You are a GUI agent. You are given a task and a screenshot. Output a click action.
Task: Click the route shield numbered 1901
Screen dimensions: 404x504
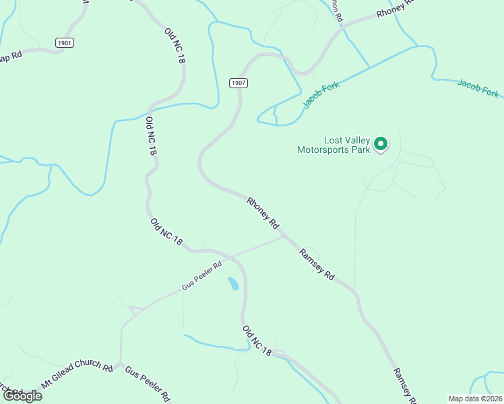(x=65, y=42)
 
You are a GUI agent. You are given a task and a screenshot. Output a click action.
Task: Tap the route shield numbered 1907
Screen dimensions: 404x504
(x=238, y=83)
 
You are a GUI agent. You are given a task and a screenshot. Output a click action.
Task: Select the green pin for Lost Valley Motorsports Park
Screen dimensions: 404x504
(x=381, y=143)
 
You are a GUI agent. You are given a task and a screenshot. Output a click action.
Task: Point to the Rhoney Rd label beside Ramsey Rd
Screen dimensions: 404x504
(x=263, y=211)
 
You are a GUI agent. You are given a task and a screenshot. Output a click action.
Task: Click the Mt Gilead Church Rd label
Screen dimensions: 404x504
(x=77, y=375)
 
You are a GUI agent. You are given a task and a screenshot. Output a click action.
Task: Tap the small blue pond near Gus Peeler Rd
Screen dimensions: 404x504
(x=233, y=283)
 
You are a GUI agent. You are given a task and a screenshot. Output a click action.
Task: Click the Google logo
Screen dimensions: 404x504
(x=22, y=395)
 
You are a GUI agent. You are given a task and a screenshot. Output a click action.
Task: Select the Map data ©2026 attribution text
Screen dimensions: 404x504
(x=475, y=399)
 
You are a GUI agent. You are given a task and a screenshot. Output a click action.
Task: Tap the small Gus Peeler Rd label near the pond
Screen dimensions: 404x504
(x=201, y=277)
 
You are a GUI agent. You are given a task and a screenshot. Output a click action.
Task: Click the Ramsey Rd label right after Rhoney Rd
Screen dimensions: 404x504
(x=317, y=265)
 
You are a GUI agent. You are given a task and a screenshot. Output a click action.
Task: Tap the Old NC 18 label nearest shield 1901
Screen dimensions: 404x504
(x=174, y=46)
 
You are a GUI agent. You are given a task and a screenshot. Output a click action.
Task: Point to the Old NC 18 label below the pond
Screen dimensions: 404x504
(x=257, y=341)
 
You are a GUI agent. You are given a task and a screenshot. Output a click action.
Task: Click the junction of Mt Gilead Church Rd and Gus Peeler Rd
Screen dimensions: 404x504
(x=120, y=366)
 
